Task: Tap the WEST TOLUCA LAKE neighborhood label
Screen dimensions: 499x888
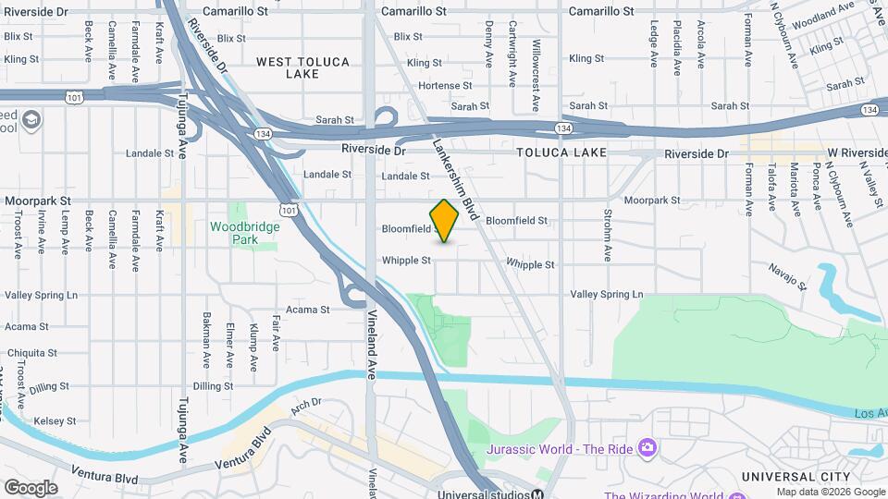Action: pyautogui.click(x=302, y=67)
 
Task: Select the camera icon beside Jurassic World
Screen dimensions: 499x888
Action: pyautogui.click(x=647, y=448)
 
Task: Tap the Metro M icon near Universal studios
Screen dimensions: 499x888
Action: pyautogui.click(x=537, y=493)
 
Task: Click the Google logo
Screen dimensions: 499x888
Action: pyautogui.click(x=30, y=487)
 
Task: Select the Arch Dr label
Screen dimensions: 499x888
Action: pyautogui.click(x=304, y=403)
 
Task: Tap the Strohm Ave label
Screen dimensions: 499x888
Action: pyautogui.click(x=608, y=238)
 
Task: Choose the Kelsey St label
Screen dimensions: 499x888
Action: pyautogui.click(x=54, y=421)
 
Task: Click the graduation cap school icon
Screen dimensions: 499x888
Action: pyautogui.click(x=32, y=119)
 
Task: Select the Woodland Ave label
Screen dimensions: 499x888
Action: pyautogui.click(x=824, y=12)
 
